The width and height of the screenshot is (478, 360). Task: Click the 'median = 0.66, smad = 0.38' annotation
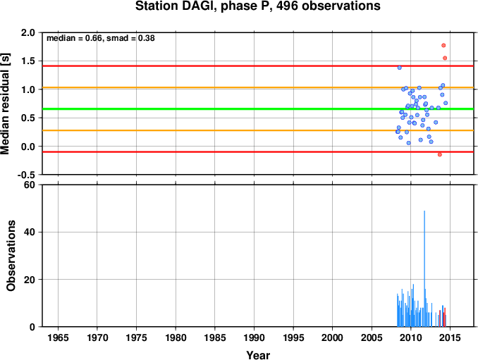coord(101,38)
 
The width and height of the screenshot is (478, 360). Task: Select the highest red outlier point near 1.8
coord(443,45)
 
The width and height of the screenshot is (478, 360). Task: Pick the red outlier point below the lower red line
coord(440,154)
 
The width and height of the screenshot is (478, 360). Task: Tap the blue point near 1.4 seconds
coord(399,68)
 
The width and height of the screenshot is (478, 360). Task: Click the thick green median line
coord(258,108)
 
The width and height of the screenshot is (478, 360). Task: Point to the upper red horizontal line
coord(258,66)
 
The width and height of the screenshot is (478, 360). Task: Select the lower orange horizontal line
coord(258,130)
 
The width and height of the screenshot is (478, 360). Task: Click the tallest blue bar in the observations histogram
coord(424,268)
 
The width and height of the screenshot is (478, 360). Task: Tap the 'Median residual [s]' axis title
coord(6,104)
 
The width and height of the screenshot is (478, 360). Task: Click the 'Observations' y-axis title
coord(11,256)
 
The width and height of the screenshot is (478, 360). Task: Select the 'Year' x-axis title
coord(258,355)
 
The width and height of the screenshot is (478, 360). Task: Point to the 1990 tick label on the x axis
coord(255,337)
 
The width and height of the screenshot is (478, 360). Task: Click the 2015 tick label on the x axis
coord(450,337)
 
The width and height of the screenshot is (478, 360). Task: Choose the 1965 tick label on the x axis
coord(58,337)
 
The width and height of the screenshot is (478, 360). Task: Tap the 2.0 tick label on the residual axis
coord(27,32)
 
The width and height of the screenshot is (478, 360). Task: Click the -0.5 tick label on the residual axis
coord(26,175)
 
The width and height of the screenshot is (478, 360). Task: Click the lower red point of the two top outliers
coord(445,58)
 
